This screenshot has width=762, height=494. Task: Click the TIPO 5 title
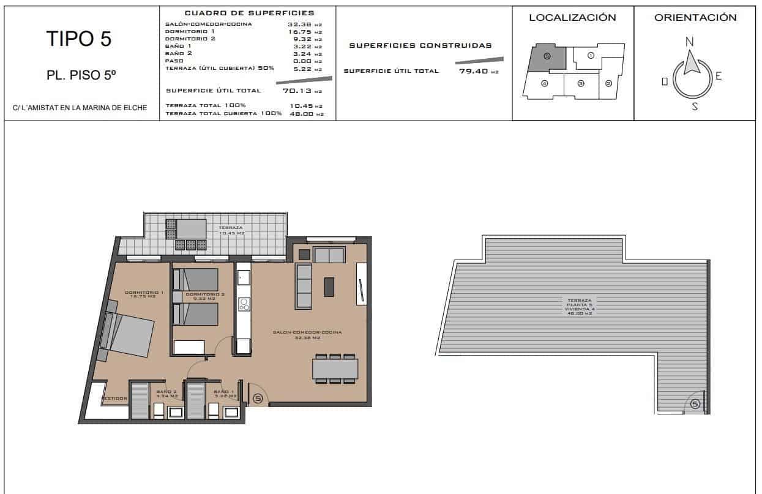pyautogui.click(x=79, y=39)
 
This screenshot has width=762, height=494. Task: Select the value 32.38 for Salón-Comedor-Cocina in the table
pyautogui.click(x=299, y=25)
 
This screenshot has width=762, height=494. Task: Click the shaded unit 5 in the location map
pyautogui.click(x=546, y=58)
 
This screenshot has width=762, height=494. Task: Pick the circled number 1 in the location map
pyautogui.click(x=591, y=55)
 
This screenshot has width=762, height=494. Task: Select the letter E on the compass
pyautogui.click(x=719, y=77)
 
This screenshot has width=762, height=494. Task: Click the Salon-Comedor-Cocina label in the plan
pyautogui.click(x=316, y=334)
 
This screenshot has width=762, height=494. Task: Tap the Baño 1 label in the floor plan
pyautogui.click(x=223, y=393)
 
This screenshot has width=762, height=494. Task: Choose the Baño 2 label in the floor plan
pyautogui.click(x=166, y=393)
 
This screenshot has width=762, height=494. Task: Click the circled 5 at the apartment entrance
pyautogui.click(x=258, y=399)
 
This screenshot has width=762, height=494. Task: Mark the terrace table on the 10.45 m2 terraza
pyautogui.click(x=190, y=230)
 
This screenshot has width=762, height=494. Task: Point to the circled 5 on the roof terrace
pyautogui.click(x=695, y=403)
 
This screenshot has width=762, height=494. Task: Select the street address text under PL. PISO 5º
pyautogui.click(x=80, y=108)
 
